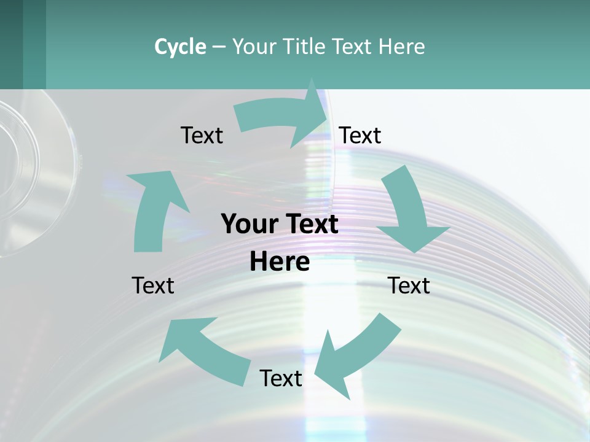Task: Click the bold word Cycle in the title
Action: tap(180, 47)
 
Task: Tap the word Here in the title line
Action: tap(402, 47)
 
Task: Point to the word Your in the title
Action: tap(254, 47)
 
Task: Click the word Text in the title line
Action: tap(353, 47)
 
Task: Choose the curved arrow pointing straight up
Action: tap(154, 209)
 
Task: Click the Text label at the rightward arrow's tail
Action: tap(202, 135)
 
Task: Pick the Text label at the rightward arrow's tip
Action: tap(360, 135)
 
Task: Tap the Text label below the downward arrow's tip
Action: tap(409, 285)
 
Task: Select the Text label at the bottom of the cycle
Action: tap(281, 378)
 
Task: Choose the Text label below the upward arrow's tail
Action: tap(153, 285)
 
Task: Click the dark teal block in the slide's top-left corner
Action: tap(22, 44)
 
